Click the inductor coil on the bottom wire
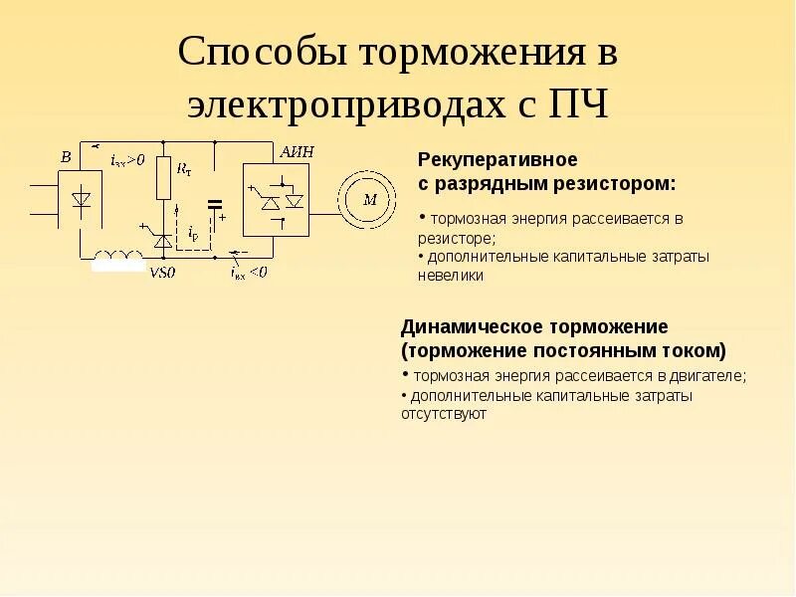tap(118, 260)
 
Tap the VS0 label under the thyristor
tap(162, 273)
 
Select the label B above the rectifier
tap(66, 157)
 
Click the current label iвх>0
tap(127, 158)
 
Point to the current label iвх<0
tap(248, 272)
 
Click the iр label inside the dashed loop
tap(192, 234)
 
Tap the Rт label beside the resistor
tap(184, 170)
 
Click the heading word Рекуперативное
tap(497, 160)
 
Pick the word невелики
tap(451, 276)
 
